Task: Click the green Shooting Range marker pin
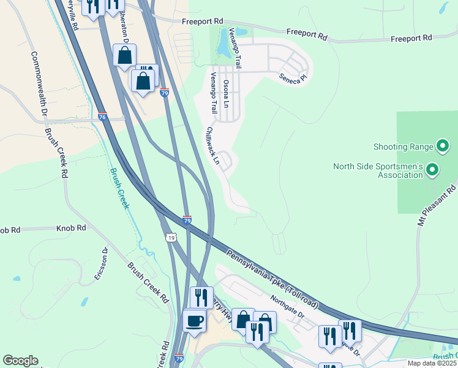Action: (442, 146)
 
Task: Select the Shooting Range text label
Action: (403, 147)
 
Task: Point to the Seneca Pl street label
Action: (292, 78)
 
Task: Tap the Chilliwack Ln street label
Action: (212, 145)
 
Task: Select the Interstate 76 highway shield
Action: (102, 117)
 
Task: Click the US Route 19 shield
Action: (170, 236)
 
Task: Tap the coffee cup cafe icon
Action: (195, 321)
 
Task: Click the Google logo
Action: (20, 361)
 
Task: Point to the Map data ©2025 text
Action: (432, 363)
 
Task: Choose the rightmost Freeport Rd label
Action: (411, 39)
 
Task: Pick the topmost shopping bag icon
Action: (125, 55)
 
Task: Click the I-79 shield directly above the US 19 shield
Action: (187, 220)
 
